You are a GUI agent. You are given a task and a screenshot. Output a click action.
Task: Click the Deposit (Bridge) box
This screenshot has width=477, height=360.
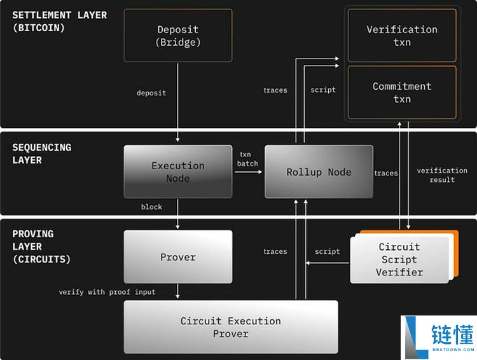[x=178, y=36]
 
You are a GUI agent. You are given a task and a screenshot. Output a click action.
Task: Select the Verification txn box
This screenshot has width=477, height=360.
[x=402, y=36]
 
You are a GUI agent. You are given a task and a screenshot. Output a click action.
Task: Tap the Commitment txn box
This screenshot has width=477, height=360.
[x=402, y=92]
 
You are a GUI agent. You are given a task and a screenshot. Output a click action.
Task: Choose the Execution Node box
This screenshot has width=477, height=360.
[x=178, y=172]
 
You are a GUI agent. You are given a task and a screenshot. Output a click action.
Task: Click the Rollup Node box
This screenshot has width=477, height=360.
[x=319, y=172]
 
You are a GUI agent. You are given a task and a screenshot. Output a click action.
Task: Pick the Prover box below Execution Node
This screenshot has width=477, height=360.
[x=178, y=257]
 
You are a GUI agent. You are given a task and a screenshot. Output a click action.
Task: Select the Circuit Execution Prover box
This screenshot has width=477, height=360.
[x=230, y=327]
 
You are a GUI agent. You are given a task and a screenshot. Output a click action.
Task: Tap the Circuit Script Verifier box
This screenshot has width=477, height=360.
[x=399, y=259]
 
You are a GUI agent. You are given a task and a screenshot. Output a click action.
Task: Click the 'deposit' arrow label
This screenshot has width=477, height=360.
[x=151, y=93]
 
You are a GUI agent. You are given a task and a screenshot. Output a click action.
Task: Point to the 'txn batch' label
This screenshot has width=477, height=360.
[x=248, y=159]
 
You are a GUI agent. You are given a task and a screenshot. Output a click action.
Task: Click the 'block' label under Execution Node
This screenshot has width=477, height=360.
[x=151, y=207]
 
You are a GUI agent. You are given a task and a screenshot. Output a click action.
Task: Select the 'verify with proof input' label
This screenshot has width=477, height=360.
[x=107, y=292]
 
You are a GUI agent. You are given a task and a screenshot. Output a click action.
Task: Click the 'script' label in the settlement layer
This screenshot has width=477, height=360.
[x=323, y=90]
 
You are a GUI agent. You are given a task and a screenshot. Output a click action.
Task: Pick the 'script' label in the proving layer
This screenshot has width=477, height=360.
[x=327, y=251]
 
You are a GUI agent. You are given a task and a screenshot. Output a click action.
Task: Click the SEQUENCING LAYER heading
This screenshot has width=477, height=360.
[x=41, y=153]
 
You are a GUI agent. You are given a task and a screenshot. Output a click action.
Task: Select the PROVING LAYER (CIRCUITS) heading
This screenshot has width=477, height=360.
[x=41, y=246]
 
